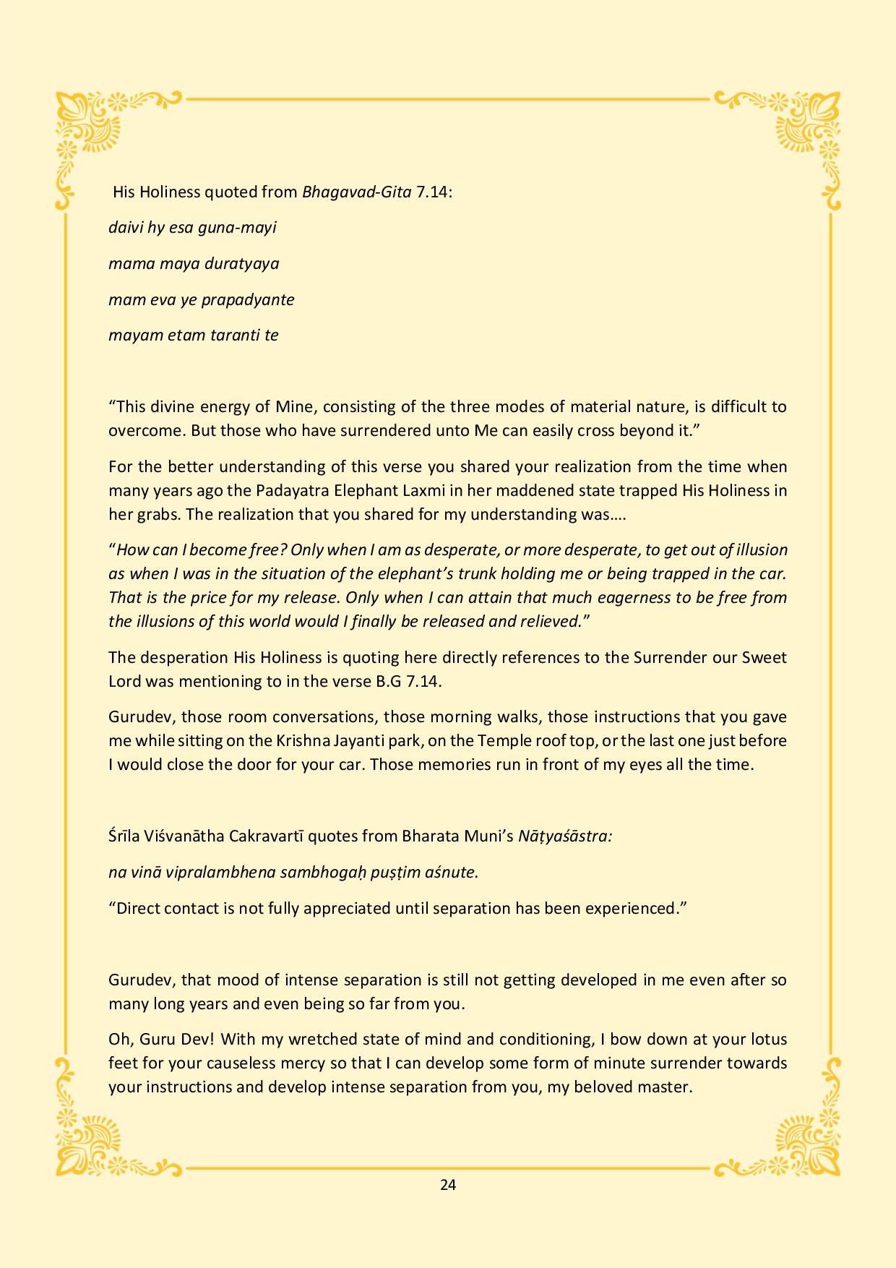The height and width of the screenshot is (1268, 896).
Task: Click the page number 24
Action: tap(447, 1184)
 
